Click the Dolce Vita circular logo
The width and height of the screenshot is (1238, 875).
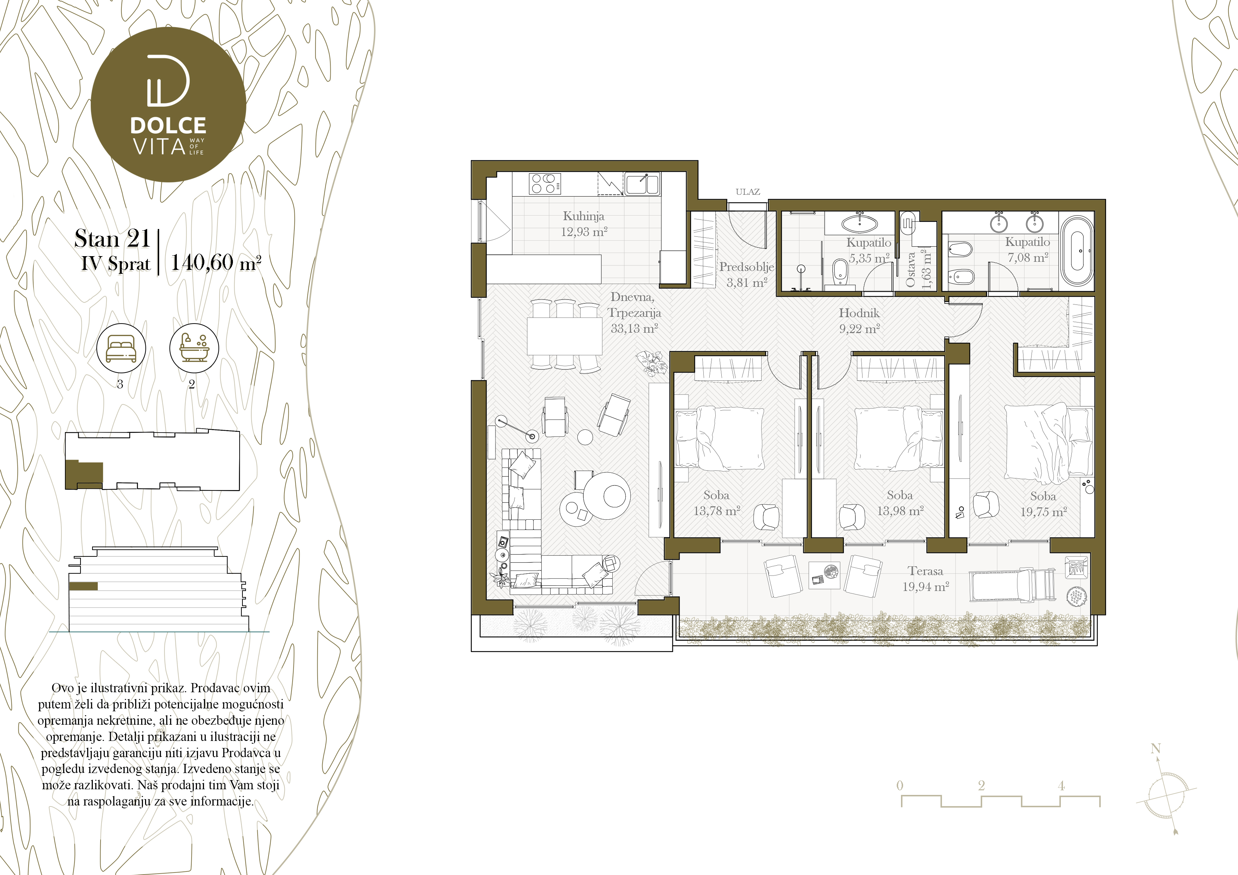pyautogui.click(x=168, y=104)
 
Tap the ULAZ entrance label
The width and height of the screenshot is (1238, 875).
pyautogui.click(x=747, y=192)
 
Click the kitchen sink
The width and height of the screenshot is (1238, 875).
pyautogui.click(x=642, y=184)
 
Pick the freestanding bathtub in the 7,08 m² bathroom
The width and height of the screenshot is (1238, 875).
pyautogui.click(x=1077, y=251)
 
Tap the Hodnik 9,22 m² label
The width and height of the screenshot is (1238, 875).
pyautogui.click(x=859, y=321)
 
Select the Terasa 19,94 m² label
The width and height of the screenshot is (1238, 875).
pyautogui.click(x=925, y=579)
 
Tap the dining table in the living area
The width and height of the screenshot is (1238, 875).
pyautogui.click(x=565, y=335)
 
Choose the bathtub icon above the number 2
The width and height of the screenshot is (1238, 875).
pyautogui.click(x=194, y=348)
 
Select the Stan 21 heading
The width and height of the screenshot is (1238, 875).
pyautogui.click(x=112, y=238)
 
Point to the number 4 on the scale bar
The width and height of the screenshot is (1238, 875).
pyautogui.click(x=1061, y=785)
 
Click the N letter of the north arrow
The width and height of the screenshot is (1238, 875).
pyautogui.click(x=1155, y=748)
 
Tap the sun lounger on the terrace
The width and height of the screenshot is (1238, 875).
pyautogui.click(x=1012, y=585)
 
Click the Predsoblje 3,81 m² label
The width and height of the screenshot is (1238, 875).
pyautogui.click(x=747, y=274)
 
